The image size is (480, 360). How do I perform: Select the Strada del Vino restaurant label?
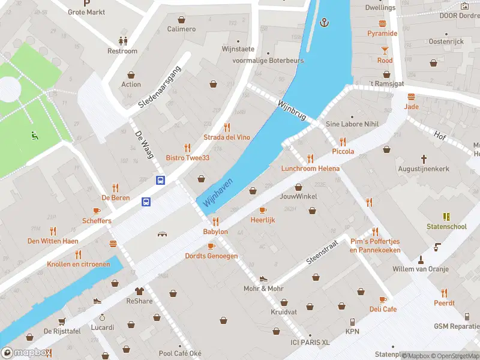226,137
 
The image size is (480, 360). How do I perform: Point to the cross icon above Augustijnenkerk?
424,159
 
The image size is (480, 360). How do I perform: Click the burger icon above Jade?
412,97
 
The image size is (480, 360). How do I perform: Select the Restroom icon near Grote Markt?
123,41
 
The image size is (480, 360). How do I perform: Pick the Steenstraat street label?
323,252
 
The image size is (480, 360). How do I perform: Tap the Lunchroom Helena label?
310,169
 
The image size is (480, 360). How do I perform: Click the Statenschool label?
446,227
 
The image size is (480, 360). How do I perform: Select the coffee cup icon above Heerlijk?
263,210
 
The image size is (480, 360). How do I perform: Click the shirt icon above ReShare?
140,290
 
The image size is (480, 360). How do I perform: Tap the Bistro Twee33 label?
187,158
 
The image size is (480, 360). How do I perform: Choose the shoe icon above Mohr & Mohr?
263,279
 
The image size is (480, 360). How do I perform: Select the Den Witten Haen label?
53,241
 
